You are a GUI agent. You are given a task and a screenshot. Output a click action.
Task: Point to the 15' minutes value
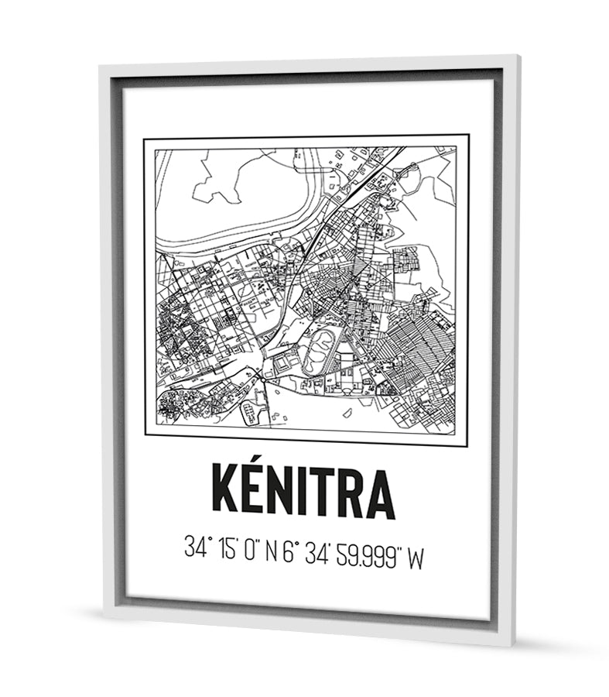point(228,548)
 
